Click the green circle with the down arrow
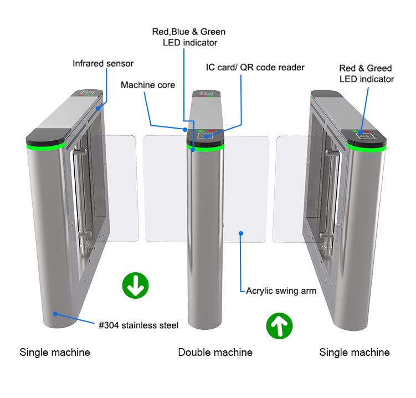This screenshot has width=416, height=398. click(x=135, y=285)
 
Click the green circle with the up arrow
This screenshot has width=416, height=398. click(x=279, y=326)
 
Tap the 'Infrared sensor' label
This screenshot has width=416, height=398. click(x=103, y=63)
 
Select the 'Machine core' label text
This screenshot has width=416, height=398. click(x=148, y=85)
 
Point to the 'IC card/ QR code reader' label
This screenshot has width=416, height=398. click(x=255, y=68)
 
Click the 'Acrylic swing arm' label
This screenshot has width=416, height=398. click(x=281, y=290)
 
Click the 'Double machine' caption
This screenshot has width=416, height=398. click(x=215, y=352)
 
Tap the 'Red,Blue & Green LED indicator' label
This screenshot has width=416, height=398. click(x=189, y=37)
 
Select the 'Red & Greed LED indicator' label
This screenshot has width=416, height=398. click(x=366, y=74)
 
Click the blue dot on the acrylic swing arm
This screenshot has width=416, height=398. click(x=241, y=233)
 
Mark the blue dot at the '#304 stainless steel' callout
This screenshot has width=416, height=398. click(x=55, y=313)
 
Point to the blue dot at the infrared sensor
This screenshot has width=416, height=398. click(x=99, y=108)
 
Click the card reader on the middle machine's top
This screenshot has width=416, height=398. click(x=208, y=136)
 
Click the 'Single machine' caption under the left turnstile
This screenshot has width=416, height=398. click(x=55, y=352)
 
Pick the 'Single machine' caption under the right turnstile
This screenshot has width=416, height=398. click(x=355, y=352)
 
